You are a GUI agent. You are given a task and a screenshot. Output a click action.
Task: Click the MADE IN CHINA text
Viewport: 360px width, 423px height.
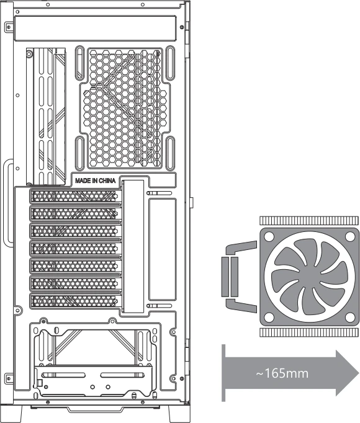click(x=96, y=180)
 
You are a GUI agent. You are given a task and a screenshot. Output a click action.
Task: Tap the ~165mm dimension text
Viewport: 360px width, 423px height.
click(x=282, y=373)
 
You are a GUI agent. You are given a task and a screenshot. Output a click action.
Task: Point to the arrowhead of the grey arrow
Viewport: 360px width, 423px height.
click(x=348, y=373)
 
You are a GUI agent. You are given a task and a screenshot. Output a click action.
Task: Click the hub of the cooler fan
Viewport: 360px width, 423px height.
click(x=310, y=277)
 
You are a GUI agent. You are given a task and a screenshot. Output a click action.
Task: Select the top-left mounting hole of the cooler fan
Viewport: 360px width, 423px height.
click(x=269, y=237)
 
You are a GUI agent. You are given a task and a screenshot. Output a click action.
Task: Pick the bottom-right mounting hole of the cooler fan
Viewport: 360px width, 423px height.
click(x=350, y=318)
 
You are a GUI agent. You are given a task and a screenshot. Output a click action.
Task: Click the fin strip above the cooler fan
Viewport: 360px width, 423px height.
click(x=309, y=221)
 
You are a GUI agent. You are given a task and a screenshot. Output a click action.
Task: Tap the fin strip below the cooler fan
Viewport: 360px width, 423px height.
click(x=309, y=332)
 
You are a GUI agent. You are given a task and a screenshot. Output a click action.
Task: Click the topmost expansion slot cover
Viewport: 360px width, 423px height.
click(x=75, y=197)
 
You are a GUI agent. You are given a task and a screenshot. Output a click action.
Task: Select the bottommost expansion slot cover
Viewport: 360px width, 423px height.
click(x=75, y=301)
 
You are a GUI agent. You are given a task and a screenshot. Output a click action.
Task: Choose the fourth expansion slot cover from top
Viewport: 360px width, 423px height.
click(x=75, y=249)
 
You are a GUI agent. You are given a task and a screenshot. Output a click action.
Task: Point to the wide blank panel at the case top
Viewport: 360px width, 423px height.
click(x=96, y=29)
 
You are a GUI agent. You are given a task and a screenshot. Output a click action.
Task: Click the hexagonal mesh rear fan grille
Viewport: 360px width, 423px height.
click(x=125, y=108)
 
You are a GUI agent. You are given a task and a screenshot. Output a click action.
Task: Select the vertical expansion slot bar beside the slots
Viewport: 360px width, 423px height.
click(x=133, y=246)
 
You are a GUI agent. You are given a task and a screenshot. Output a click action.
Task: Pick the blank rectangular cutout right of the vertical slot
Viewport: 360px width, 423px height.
click(x=163, y=249)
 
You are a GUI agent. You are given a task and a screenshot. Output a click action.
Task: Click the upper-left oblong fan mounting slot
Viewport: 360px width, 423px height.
click(x=79, y=63)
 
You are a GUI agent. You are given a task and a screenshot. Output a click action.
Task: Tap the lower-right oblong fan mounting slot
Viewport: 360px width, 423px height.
click(x=170, y=153)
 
